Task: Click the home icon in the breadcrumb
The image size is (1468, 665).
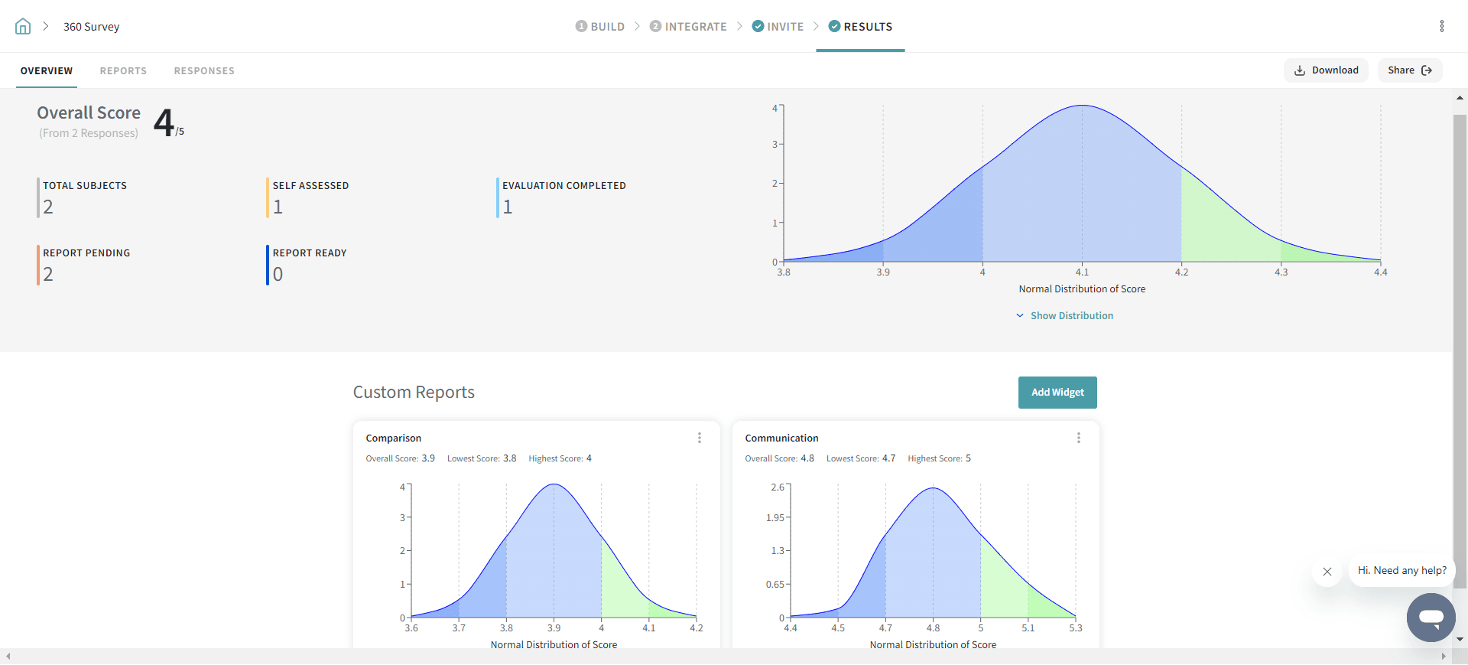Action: click(23, 27)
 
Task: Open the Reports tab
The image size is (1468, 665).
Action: click(123, 71)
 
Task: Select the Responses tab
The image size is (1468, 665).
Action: click(204, 71)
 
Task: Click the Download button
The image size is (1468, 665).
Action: click(1326, 70)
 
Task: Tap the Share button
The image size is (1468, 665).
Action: click(1409, 70)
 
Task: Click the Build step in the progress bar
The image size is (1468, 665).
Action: click(600, 27)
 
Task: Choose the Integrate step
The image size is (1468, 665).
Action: click(688, 27)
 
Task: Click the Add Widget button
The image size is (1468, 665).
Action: click(1057, 393)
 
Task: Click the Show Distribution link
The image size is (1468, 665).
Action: click(1071, 316)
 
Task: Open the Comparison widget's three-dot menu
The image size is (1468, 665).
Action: click(699, 438)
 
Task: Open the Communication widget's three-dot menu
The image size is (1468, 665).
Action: click(1078, 438)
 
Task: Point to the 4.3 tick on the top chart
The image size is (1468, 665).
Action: click(1281, 272)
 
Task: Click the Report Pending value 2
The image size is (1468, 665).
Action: click(48, 274)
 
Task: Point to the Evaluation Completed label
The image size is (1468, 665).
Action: click(563, 186)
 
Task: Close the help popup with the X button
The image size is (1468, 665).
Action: click(1327, 572)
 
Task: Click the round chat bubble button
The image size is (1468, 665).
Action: click(1431, 617)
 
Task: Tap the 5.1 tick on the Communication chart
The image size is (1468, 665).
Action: click(1028, 628)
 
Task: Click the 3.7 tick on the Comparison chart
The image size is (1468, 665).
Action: click(459, 628)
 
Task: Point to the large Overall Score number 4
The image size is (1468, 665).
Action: click(164, 122)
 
